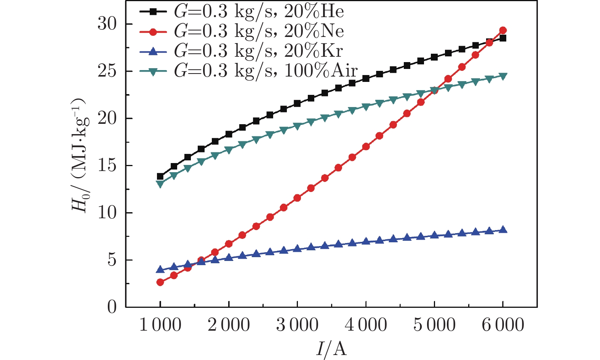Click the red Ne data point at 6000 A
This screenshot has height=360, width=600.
[503, 30]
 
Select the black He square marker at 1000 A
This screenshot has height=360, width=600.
[160, 176]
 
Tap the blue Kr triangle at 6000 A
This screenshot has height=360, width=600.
[503, 230]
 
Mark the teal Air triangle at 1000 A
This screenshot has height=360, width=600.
[160, 184]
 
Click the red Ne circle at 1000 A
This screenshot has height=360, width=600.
[160, 282]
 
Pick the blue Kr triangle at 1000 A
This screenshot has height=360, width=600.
[160, 269]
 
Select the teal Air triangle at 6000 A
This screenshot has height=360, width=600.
[503, 76]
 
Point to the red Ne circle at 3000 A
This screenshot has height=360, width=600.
[297, 198]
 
